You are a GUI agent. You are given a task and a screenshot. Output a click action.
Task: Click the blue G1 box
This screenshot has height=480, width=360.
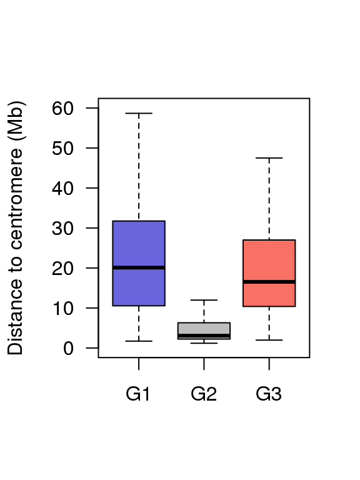pyautogui.click(x=139, y=263)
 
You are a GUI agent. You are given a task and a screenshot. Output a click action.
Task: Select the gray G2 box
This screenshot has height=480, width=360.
pyautogui.click(x=204, y=331)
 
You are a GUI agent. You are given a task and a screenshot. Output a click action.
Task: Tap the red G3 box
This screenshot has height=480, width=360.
pyautogui.click(x=269, y=272)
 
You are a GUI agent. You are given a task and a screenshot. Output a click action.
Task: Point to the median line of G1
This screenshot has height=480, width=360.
pyautogui.click(x=139, y=267)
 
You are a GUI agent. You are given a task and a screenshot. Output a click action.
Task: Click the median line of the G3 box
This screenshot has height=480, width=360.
pyautogui.click(x=269, y=282)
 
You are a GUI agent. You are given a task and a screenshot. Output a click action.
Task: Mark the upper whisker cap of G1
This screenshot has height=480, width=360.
pyautogui.click(x=139, y=113)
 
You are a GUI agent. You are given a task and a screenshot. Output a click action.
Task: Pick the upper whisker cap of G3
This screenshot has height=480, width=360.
pyautogui.click(x=269, y=158)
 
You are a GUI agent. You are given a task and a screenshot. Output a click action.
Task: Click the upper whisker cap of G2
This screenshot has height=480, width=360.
pyautogui.click(x=204, y=300)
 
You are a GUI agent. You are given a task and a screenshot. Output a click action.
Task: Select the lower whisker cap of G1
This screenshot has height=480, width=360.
pyautogui.click(x=139, y=341)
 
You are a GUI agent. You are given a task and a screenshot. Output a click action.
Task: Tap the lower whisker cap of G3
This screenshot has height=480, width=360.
pyautogui.click(x=269, y=340)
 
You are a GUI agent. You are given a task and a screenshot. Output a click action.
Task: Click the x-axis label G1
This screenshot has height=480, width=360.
pyautogui.click(x=138, y=394)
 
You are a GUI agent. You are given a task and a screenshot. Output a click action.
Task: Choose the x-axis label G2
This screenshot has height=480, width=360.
pyautogui.click(x=204, y=394)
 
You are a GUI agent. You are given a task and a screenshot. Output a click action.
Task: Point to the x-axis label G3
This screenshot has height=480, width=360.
pyautogui.click(x=269, y=394)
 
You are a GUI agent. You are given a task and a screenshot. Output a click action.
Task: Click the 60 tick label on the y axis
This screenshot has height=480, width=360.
pyautogui.click(x=62, y=108)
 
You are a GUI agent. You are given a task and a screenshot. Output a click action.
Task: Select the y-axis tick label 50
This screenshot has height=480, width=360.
pyautogui.click(x=62, y=149)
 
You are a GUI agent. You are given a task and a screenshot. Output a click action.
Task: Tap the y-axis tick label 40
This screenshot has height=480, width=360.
pyautogui.click(x=62, y=188)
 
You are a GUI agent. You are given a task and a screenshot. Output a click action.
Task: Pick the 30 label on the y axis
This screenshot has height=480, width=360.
pyautogui.click(x=62, y=228)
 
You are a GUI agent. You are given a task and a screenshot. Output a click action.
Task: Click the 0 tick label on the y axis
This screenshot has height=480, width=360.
pyautogui.click(x=68, y=348)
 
